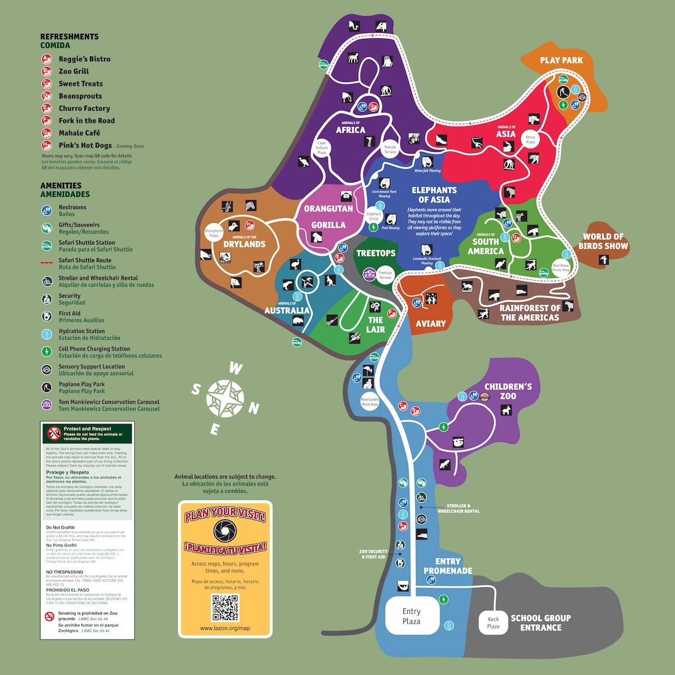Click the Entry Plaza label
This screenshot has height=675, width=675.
(x=411, y=616)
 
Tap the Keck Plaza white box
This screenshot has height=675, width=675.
(x=493, y=623)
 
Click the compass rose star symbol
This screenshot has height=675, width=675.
(x=225, y=398)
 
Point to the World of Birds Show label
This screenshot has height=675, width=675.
(x=603, y=241)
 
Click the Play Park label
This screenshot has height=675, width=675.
(x=561, y=60)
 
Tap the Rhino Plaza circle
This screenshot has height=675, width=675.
(x=530, y=139)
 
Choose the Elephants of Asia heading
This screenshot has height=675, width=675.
(x=434, y=195)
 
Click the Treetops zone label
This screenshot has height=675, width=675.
(x=376, y=253)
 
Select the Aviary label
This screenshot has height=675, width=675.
(x=430, y=323)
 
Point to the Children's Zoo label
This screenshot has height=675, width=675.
(x=508, y=391)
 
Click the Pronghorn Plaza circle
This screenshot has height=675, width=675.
(x=214, y=233)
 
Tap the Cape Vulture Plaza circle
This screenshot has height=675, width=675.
(x=322, y=147)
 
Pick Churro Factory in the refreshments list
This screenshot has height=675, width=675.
(x=84, y=109)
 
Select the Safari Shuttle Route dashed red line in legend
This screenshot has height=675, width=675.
(x=47, y=263)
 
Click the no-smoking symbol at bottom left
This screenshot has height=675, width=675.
(x=49, y=616)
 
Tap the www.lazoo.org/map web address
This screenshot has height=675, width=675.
(x=225, y=628)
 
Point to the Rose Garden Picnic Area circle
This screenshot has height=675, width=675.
(x=370, y=402)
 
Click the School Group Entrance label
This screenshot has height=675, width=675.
(x=541, y=623)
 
